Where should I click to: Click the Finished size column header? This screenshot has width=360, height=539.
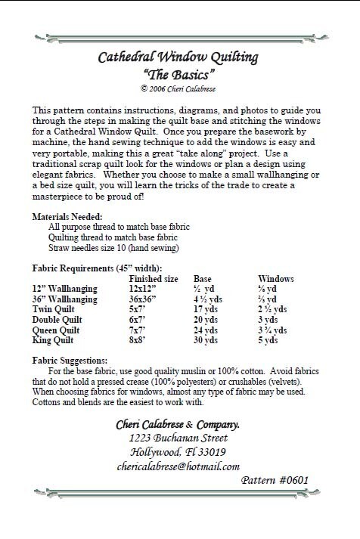(154, 277)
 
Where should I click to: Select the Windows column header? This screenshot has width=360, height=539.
(277, 277)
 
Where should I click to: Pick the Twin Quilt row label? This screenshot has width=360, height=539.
(57, 309)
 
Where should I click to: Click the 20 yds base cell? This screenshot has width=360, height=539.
(207, 320)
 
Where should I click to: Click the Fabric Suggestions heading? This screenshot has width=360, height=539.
(68, 361)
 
